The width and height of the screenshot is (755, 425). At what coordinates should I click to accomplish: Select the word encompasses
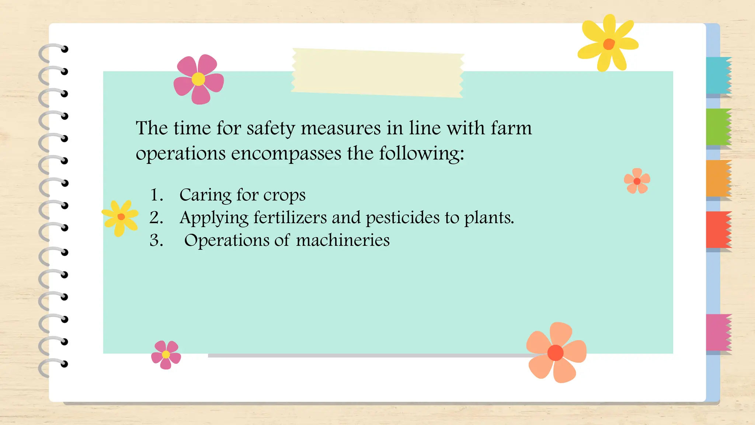(286, 153)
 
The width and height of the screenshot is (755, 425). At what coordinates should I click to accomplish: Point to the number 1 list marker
(156, 195)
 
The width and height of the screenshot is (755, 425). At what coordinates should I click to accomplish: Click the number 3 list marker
(156, 240)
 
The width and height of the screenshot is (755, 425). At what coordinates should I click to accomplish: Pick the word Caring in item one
(205, 195)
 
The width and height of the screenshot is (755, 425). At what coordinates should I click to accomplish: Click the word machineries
(342, 240)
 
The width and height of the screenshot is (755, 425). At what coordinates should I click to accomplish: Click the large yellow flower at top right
(608, 44)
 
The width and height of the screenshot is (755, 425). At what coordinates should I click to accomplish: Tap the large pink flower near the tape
(198, 79)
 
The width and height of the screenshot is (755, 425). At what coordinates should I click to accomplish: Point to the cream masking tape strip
(377, 73)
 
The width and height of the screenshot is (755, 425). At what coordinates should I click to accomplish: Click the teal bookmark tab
(718, 75)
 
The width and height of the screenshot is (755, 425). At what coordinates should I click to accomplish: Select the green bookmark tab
(718, 127)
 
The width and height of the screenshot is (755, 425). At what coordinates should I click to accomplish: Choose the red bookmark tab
(718, 229)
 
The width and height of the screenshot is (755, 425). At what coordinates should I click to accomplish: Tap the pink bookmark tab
(718, 332)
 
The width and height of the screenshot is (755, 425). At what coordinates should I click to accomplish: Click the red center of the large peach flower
(556, 353)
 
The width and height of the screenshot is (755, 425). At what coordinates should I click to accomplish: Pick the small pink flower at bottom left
(166, 354)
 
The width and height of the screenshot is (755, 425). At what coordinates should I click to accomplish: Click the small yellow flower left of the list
(121, 217)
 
